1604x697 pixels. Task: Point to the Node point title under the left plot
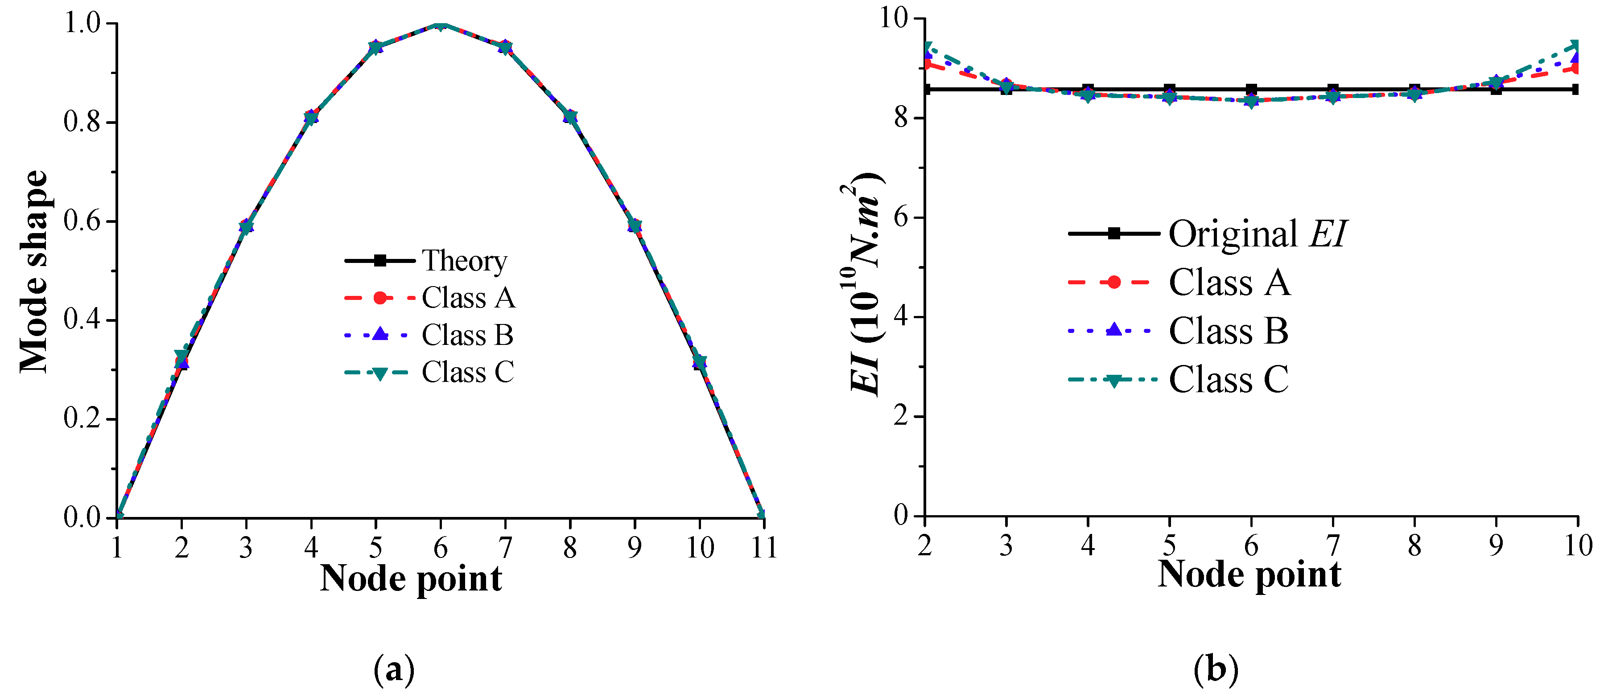coord(411,579)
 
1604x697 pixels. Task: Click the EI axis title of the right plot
coord(866,283)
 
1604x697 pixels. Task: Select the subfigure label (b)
coord(1216,670)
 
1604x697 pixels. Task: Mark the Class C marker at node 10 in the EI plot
coord(1576,45)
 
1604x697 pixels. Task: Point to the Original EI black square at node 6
coord(1251,90)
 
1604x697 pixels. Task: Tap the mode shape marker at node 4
coord(311,117)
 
